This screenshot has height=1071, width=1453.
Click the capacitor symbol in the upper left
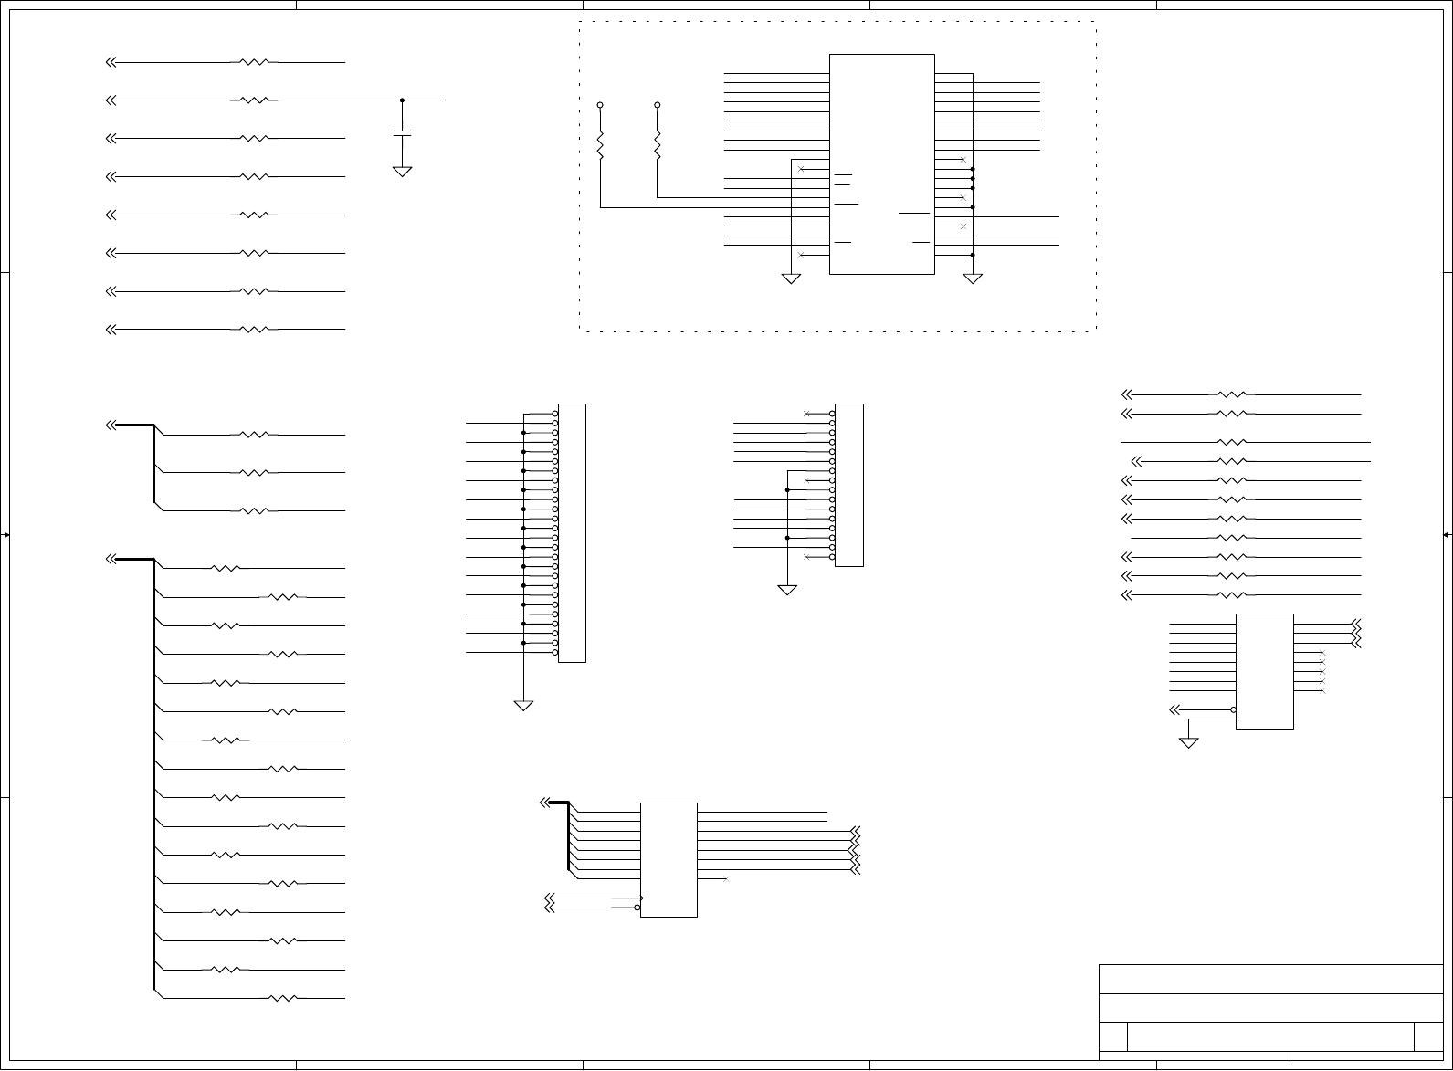[x=402, y=133]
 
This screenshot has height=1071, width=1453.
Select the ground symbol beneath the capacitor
[x=402, y=171]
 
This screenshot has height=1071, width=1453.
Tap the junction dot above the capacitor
[x=403, y=100]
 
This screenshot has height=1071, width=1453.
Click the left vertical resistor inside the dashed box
[x=601, y=144]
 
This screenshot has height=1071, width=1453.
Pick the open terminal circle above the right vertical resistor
[x=658, y=105]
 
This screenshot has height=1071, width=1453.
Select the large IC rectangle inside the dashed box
[x=881, y=163]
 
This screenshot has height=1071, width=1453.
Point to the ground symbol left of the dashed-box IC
[x=791, y=278]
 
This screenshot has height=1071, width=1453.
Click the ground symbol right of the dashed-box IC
[x=973, y=278]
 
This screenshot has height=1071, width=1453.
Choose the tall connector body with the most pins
[x=572, y=532]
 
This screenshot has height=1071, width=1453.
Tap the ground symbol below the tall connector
[x=523, y=705]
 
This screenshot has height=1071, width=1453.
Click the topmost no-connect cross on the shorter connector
[x=806, y=414]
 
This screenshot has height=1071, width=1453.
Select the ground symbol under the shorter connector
[x=787, y=590]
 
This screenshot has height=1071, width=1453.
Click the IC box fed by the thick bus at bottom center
[x=669, y=859]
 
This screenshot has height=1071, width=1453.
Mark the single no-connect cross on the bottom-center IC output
[x=725, y=879]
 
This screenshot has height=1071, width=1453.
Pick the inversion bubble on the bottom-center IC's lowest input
[x=637, y=908]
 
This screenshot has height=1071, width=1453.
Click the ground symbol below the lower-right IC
[x=1188, y=743]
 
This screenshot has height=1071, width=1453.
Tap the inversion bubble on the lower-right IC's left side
[x=1233, y=709]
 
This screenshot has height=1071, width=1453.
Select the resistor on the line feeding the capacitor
[x=255, y=100]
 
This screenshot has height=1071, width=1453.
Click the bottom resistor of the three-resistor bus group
[x=255, y=510]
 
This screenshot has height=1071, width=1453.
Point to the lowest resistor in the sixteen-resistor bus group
[x=283, y=998]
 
